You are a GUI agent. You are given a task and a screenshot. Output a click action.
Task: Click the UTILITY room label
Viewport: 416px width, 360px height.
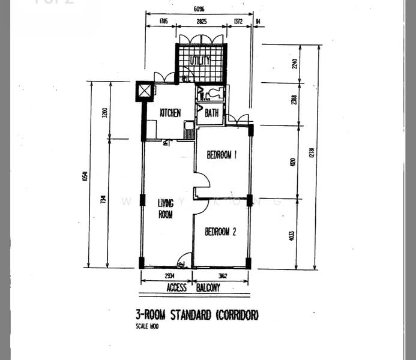(x=200, y=61)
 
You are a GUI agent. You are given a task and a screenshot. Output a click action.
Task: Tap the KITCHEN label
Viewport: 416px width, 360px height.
(x=170, y=113)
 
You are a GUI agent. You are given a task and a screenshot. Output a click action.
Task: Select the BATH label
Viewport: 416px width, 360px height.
(x=211, y=113)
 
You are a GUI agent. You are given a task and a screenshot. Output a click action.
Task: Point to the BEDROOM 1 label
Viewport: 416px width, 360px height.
(x=222, y=155)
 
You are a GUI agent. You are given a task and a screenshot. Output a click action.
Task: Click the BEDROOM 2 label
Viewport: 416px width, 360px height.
(x=220, y=232)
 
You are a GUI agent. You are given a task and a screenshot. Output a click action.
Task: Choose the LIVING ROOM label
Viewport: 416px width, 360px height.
(x=165, y=208)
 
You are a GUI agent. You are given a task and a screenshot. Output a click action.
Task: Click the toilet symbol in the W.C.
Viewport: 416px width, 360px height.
(x=213, y=94)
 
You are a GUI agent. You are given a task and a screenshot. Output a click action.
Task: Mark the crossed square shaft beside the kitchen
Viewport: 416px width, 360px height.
(x=145, y=91)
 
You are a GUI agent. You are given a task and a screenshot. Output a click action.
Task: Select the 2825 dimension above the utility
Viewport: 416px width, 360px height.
(x=200, y=22)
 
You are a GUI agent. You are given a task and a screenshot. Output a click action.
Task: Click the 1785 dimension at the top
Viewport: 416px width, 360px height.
(x=163, y=22)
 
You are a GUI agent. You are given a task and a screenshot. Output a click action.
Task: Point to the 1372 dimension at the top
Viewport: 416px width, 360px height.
(x=237, y=22)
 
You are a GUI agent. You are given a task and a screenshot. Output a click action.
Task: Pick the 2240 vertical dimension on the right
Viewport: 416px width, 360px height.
(x=294, y=64)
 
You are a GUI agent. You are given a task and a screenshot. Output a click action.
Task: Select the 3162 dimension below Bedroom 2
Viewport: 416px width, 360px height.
(x=220, y=277)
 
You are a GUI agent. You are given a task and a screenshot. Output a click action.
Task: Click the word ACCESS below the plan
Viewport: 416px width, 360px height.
(x=176, y=288)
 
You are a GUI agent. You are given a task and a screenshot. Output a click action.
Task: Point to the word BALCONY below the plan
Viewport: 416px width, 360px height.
(x=208, y=288)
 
